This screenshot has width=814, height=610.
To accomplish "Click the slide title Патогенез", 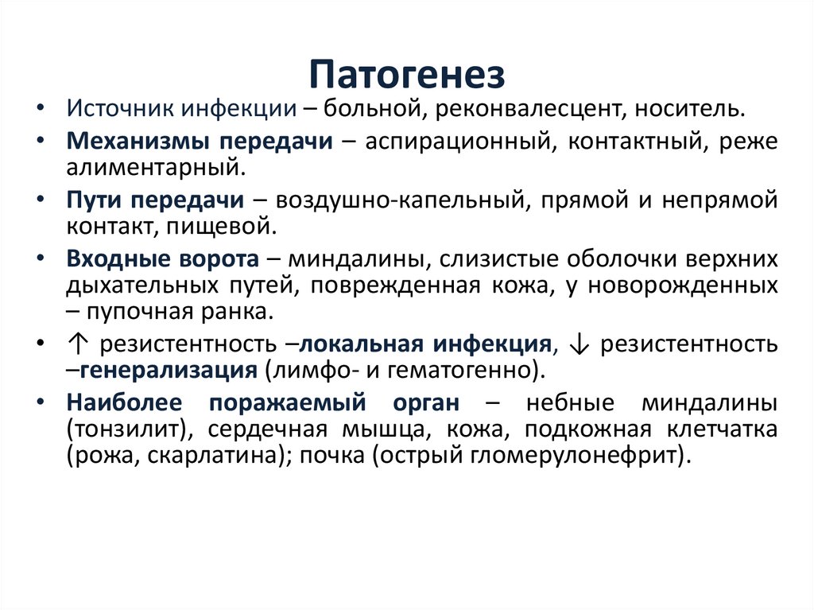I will (x=406, y=76).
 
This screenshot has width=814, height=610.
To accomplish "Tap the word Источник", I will (x=121, y=107).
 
